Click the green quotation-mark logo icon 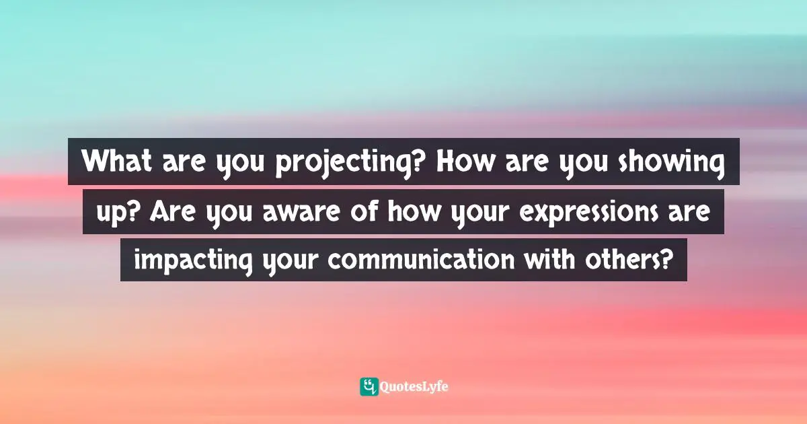369,386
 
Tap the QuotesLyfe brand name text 414,387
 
